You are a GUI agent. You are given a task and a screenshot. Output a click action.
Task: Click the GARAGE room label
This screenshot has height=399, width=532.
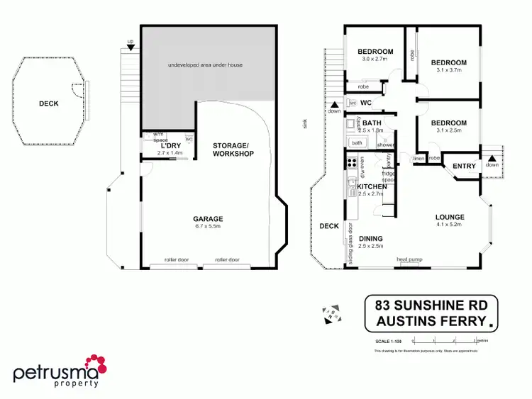[208, 219]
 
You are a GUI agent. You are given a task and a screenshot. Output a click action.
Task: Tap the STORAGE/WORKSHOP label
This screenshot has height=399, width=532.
[233, 150]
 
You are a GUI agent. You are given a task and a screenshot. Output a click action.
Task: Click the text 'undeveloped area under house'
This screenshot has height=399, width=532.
[206, 65]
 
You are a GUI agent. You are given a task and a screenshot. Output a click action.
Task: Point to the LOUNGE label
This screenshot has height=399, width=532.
[450, 218]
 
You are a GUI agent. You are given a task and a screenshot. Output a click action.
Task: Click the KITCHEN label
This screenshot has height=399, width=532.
[372, 187]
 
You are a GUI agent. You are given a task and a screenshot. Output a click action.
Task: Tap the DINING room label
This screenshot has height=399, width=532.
[371, 239]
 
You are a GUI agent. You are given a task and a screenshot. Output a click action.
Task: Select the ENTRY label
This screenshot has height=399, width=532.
[465, 167]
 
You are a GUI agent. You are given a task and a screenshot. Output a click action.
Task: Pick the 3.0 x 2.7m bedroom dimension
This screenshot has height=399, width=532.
[375, 60]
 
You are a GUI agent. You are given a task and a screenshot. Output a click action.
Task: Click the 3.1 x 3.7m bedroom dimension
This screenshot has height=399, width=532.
[448, 70]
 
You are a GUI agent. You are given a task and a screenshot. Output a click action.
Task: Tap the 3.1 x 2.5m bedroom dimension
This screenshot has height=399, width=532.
[448, 131]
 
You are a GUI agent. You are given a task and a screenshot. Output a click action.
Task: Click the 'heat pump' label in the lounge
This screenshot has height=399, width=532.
[411, 259]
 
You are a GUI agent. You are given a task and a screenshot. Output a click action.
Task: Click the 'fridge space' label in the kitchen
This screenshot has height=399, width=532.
[387, 177]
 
